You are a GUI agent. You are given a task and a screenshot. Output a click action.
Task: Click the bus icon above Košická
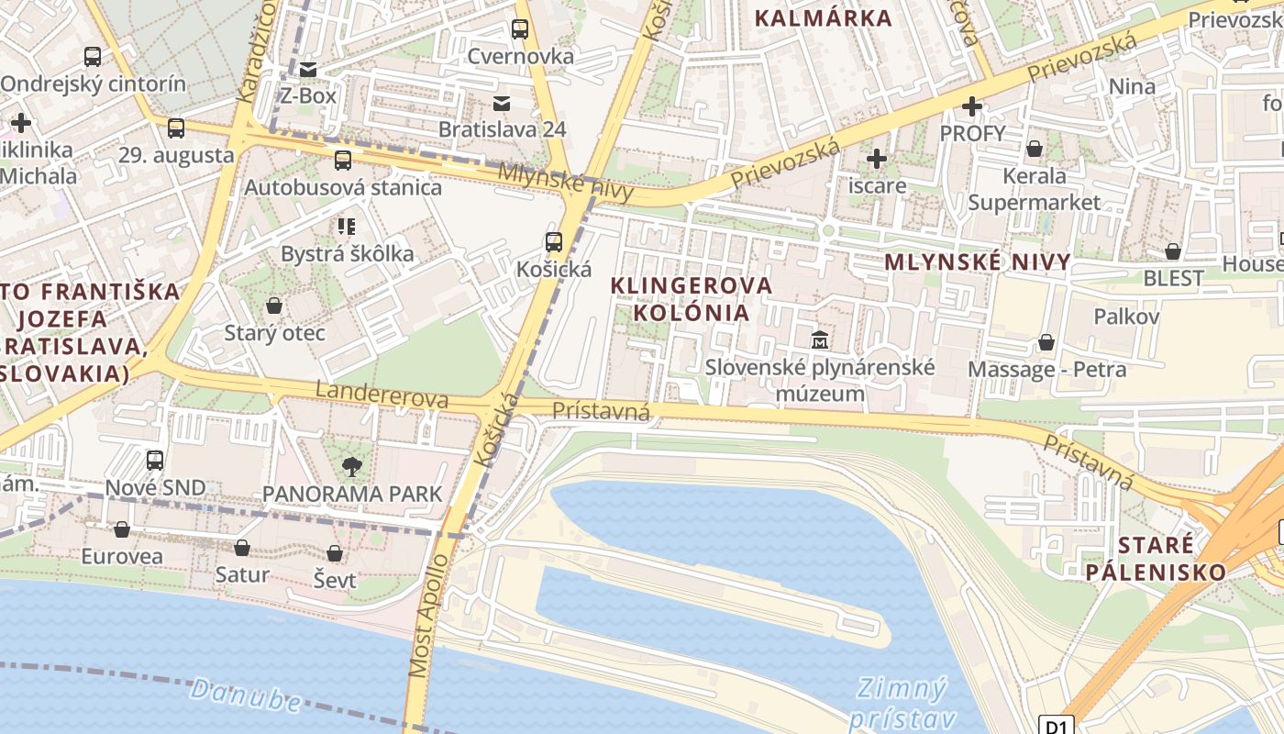(x=553, y=242)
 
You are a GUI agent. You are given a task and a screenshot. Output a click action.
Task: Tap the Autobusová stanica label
(x=343, y=187)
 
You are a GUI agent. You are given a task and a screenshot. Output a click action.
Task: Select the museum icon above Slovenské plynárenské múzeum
(x=819, y=340)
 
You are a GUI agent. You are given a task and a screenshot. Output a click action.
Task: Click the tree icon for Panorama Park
(x=351, y=467)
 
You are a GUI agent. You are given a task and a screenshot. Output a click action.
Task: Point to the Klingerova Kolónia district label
(x=692, y=299)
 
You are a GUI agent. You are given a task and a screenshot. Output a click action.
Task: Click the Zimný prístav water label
(x=902, y=703)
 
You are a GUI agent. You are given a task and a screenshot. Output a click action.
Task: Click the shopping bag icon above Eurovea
(x=122, y=529)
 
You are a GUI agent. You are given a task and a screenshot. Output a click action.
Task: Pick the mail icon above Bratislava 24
(x=502, y=103)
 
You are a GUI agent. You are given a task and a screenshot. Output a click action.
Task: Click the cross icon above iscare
(x=877, y=159)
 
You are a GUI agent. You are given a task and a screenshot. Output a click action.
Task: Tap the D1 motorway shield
(x=1057, y=726)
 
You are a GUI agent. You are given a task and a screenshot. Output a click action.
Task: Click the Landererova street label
(x=382, y=395)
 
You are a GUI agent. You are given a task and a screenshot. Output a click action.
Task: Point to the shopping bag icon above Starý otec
(x=274, y=306)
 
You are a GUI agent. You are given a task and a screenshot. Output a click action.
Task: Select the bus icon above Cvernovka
(x=520, y=29)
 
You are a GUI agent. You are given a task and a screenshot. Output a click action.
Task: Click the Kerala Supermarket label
(x=1035, y=188)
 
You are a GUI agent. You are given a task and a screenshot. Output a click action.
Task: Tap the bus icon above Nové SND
(x=155, y=461)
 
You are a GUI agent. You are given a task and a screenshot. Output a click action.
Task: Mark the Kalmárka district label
(x=823, y=17)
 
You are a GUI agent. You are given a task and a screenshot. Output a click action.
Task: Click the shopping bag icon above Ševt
(x=335, y=553)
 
